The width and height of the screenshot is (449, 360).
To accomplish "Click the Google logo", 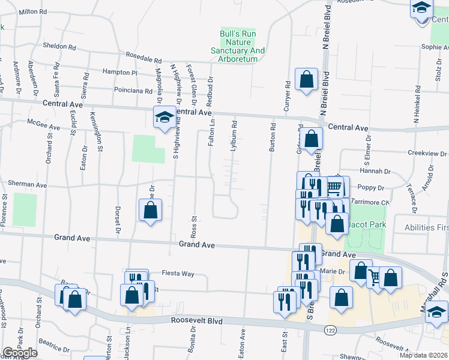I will (20, 353).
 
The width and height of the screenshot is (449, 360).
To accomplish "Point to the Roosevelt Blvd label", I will (196, 322).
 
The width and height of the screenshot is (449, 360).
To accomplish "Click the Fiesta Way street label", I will (179, 274).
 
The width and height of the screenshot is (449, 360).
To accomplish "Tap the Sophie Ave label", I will (435, 47).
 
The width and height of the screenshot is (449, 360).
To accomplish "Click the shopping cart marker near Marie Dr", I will (375, 277).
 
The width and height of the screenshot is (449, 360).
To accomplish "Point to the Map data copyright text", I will (423, 355).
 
